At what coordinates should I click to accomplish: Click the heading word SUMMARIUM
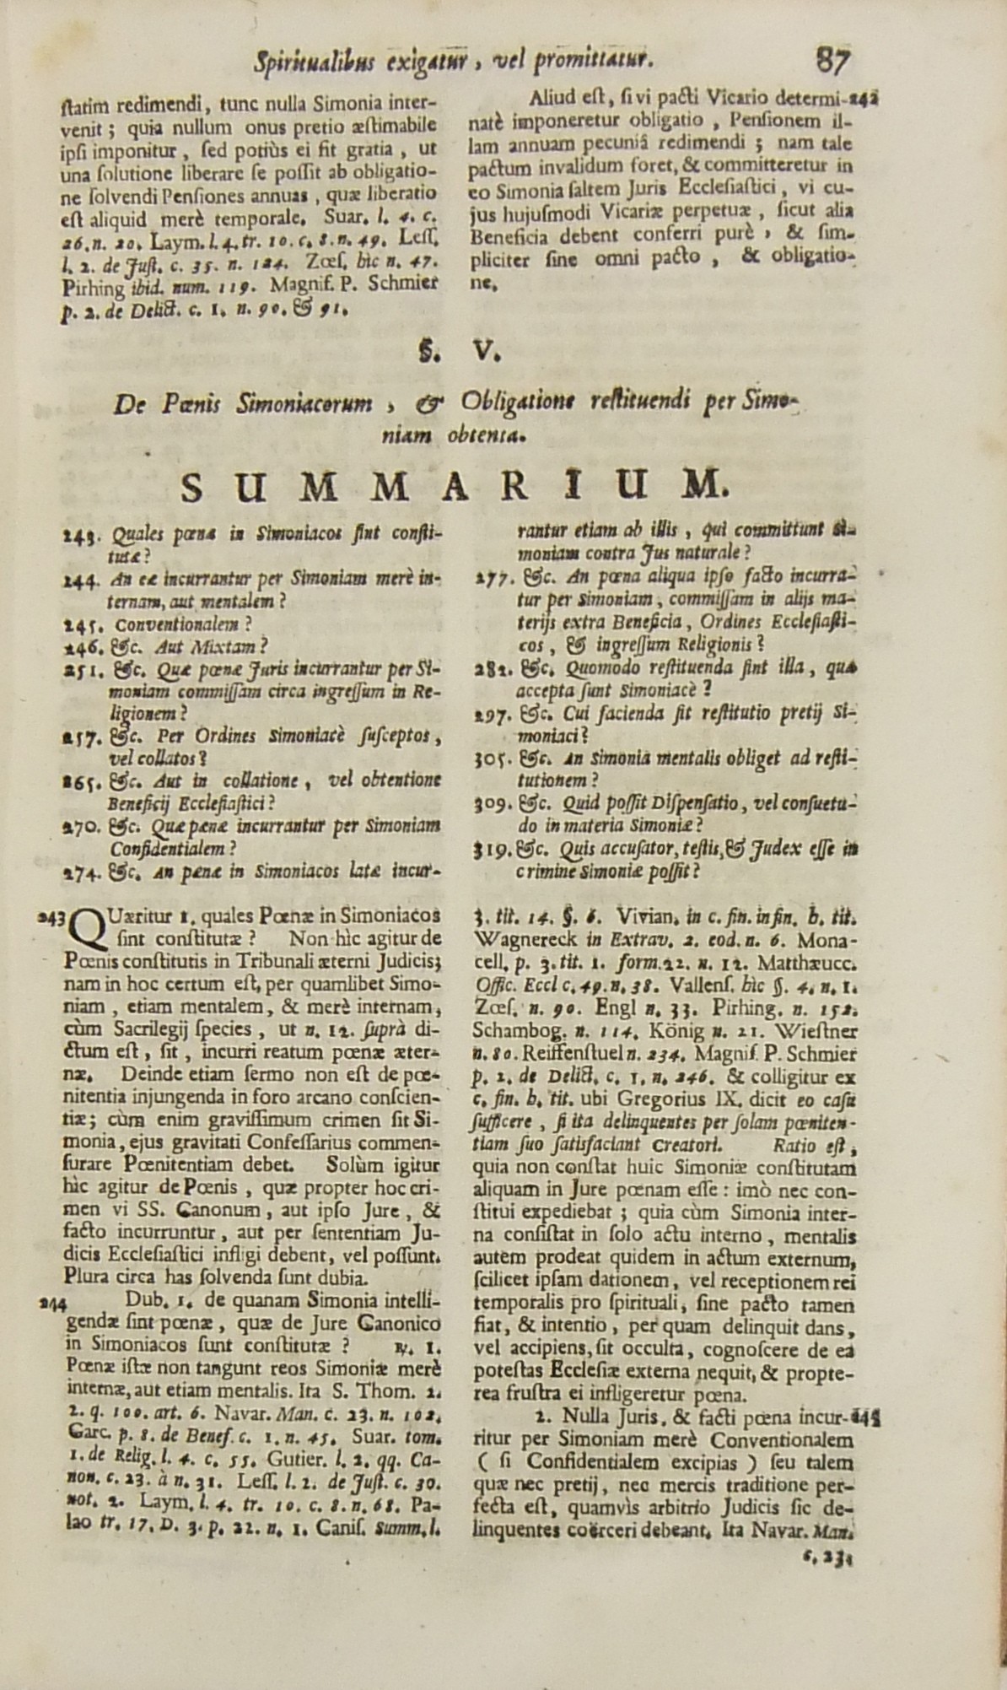pyautogui.click(x=453, y=486)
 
